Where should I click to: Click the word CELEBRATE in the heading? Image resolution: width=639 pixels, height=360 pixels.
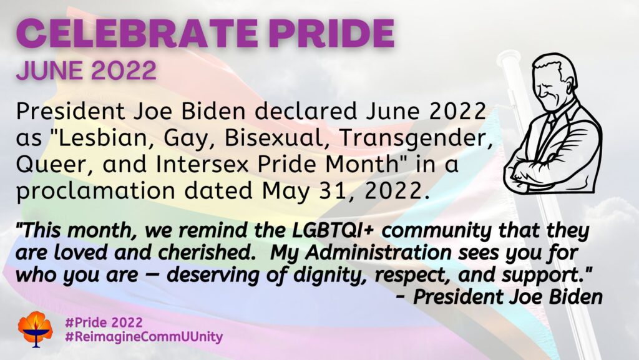[137, 34]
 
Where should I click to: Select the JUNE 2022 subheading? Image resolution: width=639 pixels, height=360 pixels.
[86, 71]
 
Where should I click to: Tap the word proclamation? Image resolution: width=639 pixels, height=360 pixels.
[95, 191]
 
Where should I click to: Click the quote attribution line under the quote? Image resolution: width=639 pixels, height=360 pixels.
[499, 297]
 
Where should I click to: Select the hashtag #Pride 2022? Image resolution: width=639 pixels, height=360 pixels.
[104, 323]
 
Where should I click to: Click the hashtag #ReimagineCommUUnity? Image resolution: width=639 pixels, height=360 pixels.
[144, 337]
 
